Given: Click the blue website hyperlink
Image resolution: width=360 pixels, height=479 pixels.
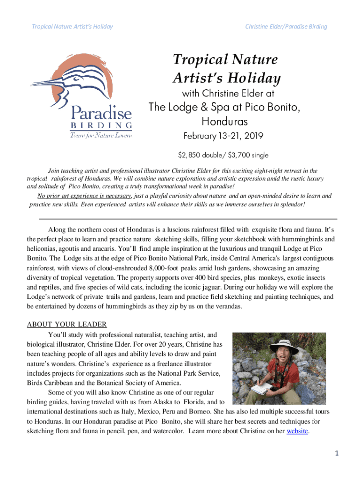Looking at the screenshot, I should [297, 431].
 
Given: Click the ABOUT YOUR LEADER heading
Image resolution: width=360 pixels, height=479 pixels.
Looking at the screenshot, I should [67, 325].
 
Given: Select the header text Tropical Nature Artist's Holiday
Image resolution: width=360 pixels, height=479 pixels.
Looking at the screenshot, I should [72, 27].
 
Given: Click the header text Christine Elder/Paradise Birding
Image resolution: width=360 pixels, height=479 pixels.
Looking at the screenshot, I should [286, 27].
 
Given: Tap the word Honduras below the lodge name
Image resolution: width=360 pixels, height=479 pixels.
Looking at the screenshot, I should [224, 122].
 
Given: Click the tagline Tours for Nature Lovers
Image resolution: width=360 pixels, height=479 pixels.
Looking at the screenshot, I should [101, 135].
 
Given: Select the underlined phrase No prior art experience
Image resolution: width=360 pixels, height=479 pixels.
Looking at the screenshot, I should [80, 196].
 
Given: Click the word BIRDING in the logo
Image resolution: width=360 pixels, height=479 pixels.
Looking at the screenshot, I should [101, 125].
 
